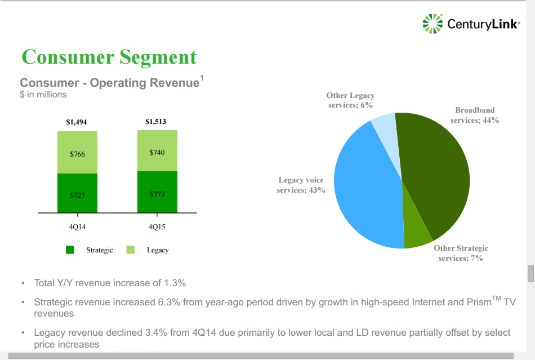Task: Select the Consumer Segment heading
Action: click(109, 57)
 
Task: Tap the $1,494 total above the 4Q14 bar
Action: click(77, 122)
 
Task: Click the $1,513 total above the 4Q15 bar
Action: click(156, 121)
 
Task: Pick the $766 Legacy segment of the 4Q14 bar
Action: click(77, 153)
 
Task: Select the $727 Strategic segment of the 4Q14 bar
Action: click(77, 194)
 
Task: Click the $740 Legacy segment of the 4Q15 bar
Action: click(157, 151)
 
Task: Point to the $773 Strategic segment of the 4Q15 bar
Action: click(157, 193)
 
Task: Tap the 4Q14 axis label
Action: click(77, 228)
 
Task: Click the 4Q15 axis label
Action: click(157, 228)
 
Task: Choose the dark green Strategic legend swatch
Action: click(70, 250)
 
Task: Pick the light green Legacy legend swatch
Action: click(131, 250)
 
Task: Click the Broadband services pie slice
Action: click(439, 169)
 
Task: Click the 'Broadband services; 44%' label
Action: click(475, 115)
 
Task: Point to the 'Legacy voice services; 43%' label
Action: click(301, 185)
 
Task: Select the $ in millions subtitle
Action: click(43, 95)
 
